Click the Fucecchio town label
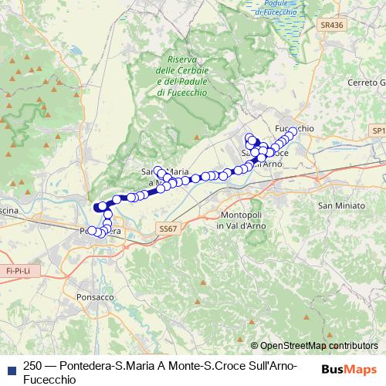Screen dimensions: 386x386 coord(294,127)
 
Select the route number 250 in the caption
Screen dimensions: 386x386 coord(33,365)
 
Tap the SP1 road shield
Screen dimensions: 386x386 coord(377,132)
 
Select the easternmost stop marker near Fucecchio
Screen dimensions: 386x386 coord(293,131)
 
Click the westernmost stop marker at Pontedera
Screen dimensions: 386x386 coord(91,230)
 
